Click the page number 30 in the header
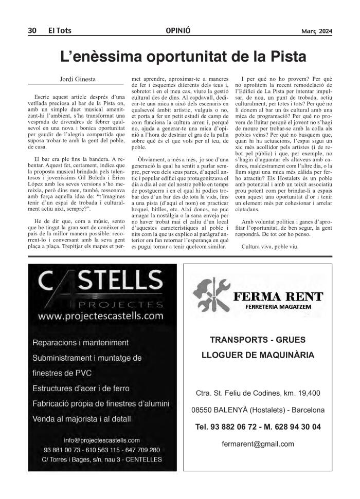(x=32, y=31)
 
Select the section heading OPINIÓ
(x=179, y=31)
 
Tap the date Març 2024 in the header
(x=317, y=31)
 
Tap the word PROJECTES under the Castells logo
(x=114, y=302)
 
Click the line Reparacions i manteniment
(x=80, y=342)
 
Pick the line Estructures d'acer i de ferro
(x=81, y=388)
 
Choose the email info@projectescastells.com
(x=102, y=440)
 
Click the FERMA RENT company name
(x=278, y=297)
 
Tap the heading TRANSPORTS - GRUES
(x=258, y=340)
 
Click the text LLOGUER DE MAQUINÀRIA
(x=258, y=355)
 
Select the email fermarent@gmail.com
(x=258, y=444)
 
